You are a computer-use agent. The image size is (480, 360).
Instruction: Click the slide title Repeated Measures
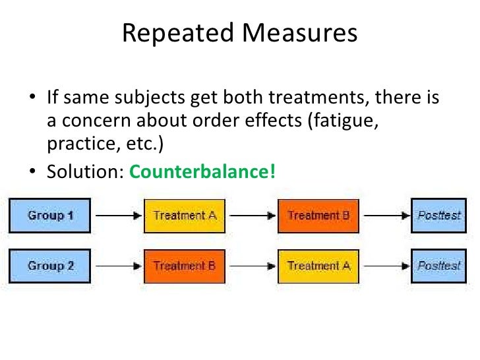(239, 33)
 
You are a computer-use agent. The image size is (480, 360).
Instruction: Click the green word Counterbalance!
(202, 172)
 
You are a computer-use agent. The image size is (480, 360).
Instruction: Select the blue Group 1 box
(49, 216)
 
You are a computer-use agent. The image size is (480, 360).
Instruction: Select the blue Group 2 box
(49, 266)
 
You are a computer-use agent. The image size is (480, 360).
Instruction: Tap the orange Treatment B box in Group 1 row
(318, 216)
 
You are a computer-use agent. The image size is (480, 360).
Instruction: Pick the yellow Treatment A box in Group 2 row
(318, 266)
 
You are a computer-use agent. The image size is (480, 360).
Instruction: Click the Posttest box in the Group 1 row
(439, 216)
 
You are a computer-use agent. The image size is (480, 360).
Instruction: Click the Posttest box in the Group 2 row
(439, 266)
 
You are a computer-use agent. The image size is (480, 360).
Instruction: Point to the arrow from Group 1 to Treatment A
(117, 216)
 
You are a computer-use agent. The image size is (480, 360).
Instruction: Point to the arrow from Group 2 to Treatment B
(117, 266)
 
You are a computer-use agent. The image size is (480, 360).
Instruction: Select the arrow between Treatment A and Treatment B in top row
(251, 216)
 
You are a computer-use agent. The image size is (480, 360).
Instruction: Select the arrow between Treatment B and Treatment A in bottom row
(251, 266)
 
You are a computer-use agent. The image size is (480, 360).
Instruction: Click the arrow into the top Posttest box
(385, 216)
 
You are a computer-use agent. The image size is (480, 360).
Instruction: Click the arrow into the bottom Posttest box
(385, 266)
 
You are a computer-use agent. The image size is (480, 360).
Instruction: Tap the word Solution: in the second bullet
(85, 172)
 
